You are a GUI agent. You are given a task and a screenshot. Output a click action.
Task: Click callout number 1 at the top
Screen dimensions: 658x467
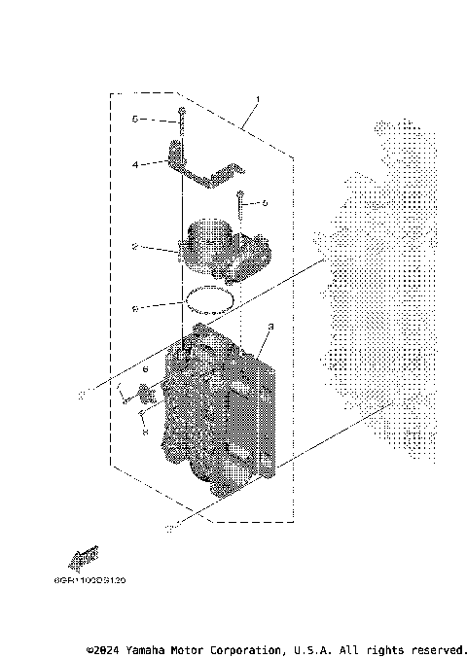coord(257,100)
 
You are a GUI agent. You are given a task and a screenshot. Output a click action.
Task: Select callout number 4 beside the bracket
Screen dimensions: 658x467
coord(136,164)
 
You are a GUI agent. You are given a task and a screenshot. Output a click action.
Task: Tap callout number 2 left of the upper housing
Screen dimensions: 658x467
coord(133,247)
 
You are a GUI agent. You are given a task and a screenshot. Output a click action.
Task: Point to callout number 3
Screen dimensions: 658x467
coord(270,327)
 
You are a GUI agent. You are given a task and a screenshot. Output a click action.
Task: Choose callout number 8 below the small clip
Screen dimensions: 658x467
coord(145,434)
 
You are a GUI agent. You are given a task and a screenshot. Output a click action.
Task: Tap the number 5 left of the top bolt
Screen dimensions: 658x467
coord(135,120)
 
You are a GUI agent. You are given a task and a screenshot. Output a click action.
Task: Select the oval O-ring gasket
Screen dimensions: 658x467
coord(209,299)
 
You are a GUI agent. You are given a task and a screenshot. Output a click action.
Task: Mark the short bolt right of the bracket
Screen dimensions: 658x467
coord(238,206)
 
